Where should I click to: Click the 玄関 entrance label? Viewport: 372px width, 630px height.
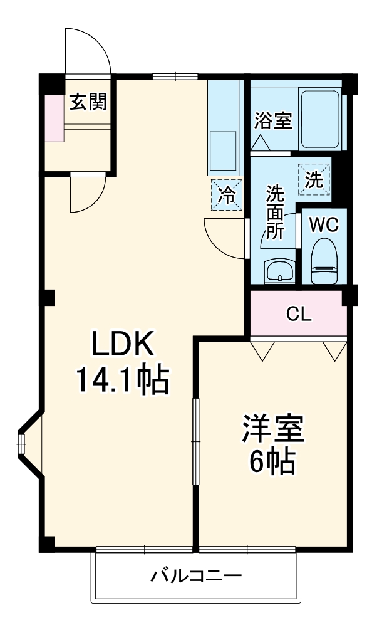[88, 102]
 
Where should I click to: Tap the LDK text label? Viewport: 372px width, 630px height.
[123, 344]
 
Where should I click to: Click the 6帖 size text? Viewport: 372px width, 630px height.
[272, 463]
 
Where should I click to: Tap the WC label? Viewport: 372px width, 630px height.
[324, 224]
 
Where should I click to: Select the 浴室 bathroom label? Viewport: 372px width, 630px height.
[273, 120]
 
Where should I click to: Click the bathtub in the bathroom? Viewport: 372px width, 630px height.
[320, 119]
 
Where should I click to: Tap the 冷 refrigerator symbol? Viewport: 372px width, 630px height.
[227, 196]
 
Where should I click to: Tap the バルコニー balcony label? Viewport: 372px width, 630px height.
[195, 575]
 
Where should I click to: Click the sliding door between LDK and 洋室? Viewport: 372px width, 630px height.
[195, 442]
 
